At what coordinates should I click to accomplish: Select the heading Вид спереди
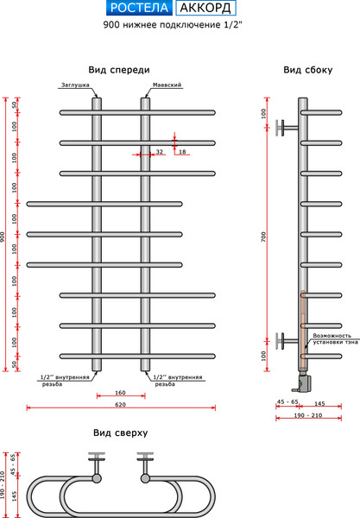(x=119, y=70)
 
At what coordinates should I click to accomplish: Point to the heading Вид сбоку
(x=306, y=70)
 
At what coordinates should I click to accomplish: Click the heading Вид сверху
(x=120, y=432)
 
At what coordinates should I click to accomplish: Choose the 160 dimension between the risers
(x=120, y=393)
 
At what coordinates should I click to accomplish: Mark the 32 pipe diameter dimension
(x=160, y=152)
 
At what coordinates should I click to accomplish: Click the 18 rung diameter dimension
(x=182, y=152)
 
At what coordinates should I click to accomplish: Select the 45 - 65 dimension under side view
(x=287, y=402)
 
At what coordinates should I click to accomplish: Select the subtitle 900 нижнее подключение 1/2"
(x=180, y=27)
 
